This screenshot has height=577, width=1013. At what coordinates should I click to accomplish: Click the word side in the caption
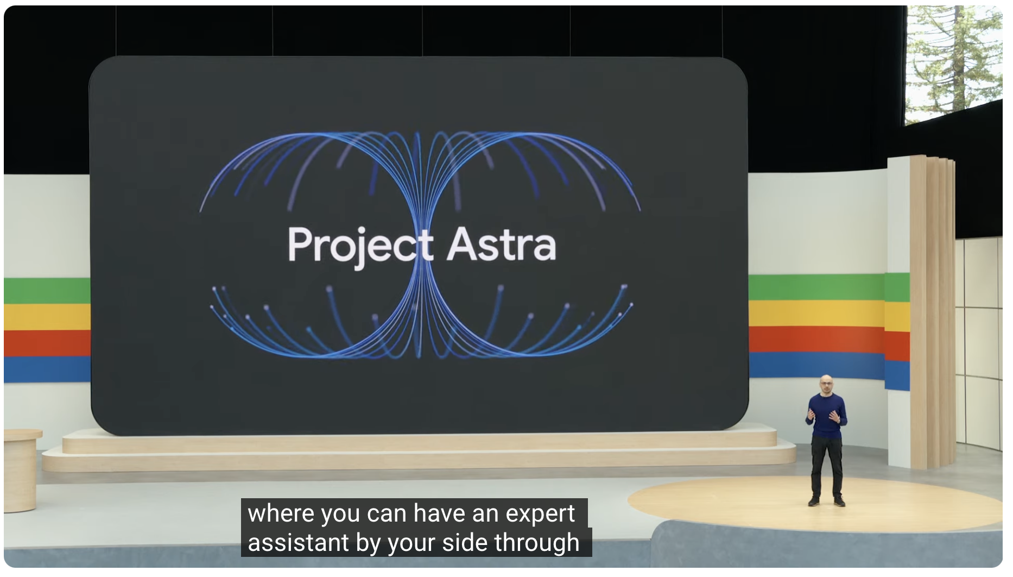point(464,543)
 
